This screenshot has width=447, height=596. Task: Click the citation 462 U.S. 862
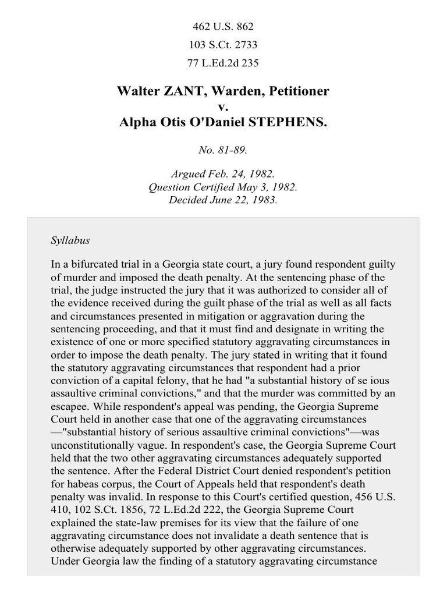point(223,26)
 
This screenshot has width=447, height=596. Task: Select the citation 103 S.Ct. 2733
point(223,44)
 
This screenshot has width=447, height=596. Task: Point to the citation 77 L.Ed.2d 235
point(223,63)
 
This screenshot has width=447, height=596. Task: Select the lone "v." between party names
point(223,108)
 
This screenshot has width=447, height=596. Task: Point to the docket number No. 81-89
point(223,150)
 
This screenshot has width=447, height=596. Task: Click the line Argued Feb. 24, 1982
point(223,175)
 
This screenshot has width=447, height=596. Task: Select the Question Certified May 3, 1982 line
point(223,187)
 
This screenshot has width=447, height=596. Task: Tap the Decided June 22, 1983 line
point(223,200)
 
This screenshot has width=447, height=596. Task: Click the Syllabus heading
point(70,240)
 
